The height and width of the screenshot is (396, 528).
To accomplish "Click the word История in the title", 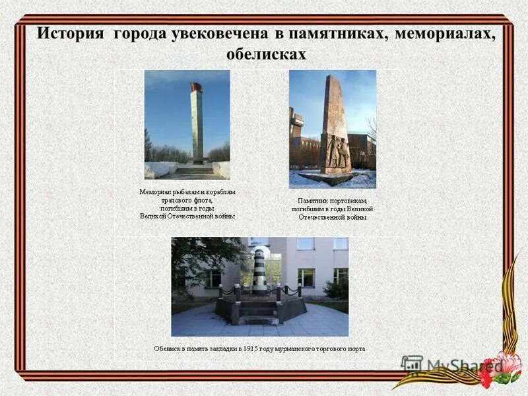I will pos(70,33).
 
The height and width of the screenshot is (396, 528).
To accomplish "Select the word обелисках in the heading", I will pos(266,54).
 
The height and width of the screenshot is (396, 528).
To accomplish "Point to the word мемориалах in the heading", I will pos(445,33).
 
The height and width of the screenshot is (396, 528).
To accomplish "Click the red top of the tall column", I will pos(196,86).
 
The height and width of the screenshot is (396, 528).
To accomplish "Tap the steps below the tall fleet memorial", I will pos(194,170).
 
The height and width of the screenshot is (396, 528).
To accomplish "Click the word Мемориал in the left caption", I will pos(155,192).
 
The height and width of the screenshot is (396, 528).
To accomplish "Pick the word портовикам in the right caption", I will pos(346,201).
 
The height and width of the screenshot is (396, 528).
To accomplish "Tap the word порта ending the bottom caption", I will pos(355,348).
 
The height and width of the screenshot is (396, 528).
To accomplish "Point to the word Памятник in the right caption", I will pos(313,201).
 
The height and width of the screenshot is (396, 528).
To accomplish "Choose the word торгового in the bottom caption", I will pos(323,348).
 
